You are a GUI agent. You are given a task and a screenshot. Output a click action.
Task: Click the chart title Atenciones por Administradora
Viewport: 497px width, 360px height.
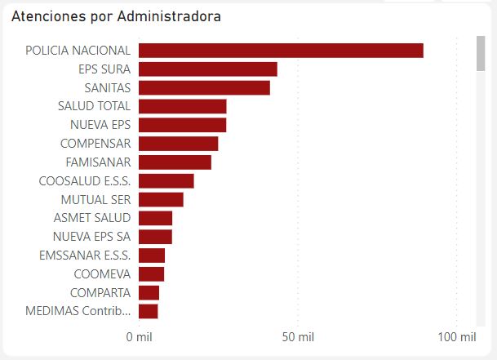point(116,16)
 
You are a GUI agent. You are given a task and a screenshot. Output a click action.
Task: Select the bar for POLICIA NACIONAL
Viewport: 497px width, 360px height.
point(281,51)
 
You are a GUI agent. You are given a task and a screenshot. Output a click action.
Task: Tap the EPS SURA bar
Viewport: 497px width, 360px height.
point(208,69)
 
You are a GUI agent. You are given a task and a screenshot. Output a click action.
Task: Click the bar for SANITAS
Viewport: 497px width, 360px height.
point(204,87)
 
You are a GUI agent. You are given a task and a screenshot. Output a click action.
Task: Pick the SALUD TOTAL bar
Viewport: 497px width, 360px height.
point(182,106)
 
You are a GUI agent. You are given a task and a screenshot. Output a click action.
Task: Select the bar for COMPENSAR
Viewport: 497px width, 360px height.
point(178,144)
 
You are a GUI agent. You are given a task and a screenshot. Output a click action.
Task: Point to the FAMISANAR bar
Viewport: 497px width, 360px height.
point(175,162)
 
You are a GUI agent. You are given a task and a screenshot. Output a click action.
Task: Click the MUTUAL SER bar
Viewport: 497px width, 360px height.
point(161,199)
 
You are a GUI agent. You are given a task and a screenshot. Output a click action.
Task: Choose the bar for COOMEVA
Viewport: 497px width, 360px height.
point(151,273)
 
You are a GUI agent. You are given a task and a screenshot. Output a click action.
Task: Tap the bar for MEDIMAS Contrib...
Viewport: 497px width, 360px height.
point(148,311)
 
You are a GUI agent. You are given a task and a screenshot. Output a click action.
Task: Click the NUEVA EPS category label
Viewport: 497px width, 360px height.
point(100,125)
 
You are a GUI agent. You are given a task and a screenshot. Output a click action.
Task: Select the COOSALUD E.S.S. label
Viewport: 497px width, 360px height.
point(85,180)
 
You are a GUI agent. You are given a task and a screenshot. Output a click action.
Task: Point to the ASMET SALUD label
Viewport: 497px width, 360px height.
point(91,218)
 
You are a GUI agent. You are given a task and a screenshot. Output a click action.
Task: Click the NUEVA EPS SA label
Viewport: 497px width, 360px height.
point(91,237)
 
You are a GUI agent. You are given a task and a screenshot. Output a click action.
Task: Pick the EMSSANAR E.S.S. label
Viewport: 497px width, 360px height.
point(84,255)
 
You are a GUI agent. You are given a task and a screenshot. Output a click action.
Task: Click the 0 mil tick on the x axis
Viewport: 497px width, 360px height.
point(139,336)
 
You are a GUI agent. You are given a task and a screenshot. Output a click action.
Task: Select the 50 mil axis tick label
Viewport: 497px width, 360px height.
point(298,336)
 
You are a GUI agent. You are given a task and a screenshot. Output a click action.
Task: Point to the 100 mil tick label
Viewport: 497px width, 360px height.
point(457,336)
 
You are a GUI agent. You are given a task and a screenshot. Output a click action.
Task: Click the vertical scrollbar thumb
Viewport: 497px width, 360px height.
point(481,54)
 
